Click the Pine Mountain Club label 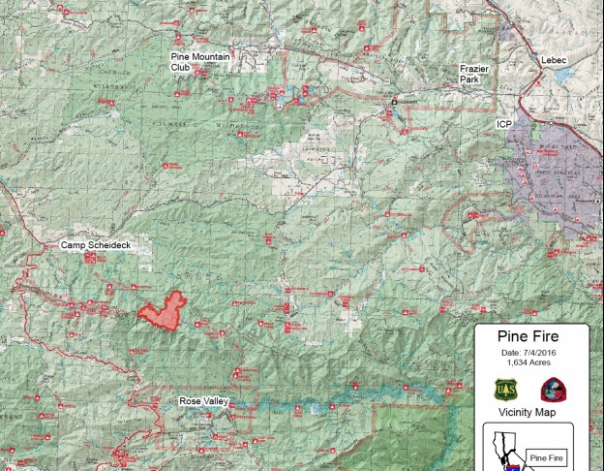point(200,62)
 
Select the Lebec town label point(555,60)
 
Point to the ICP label point(503,125)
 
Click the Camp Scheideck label point(96,245)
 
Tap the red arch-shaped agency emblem point(553,390)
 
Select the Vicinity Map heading point(528,412)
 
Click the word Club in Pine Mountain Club point(180,68)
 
